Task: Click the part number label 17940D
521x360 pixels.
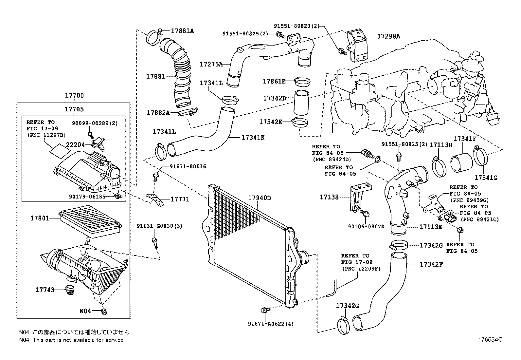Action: tap(260, 198)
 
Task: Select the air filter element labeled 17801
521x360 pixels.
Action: tap(90, 221)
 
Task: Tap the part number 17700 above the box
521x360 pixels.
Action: tap(74, 96)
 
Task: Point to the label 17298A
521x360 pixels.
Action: tap(388, 36)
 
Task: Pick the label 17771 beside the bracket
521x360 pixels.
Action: tap(180, 199)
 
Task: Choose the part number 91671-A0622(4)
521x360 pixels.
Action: tap(271, 324)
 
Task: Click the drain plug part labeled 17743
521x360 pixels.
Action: tap(69, 291)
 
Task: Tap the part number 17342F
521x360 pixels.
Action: tap(431, 264)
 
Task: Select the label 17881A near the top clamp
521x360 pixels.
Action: tap(182, 31)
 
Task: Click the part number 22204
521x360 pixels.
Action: tap(76, 144)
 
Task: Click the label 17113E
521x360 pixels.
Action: tap(431, 226)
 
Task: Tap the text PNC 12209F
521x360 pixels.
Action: tap(362, 269)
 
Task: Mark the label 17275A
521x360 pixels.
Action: tap(211, 64)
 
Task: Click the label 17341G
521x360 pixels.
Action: tap(486, 178)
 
